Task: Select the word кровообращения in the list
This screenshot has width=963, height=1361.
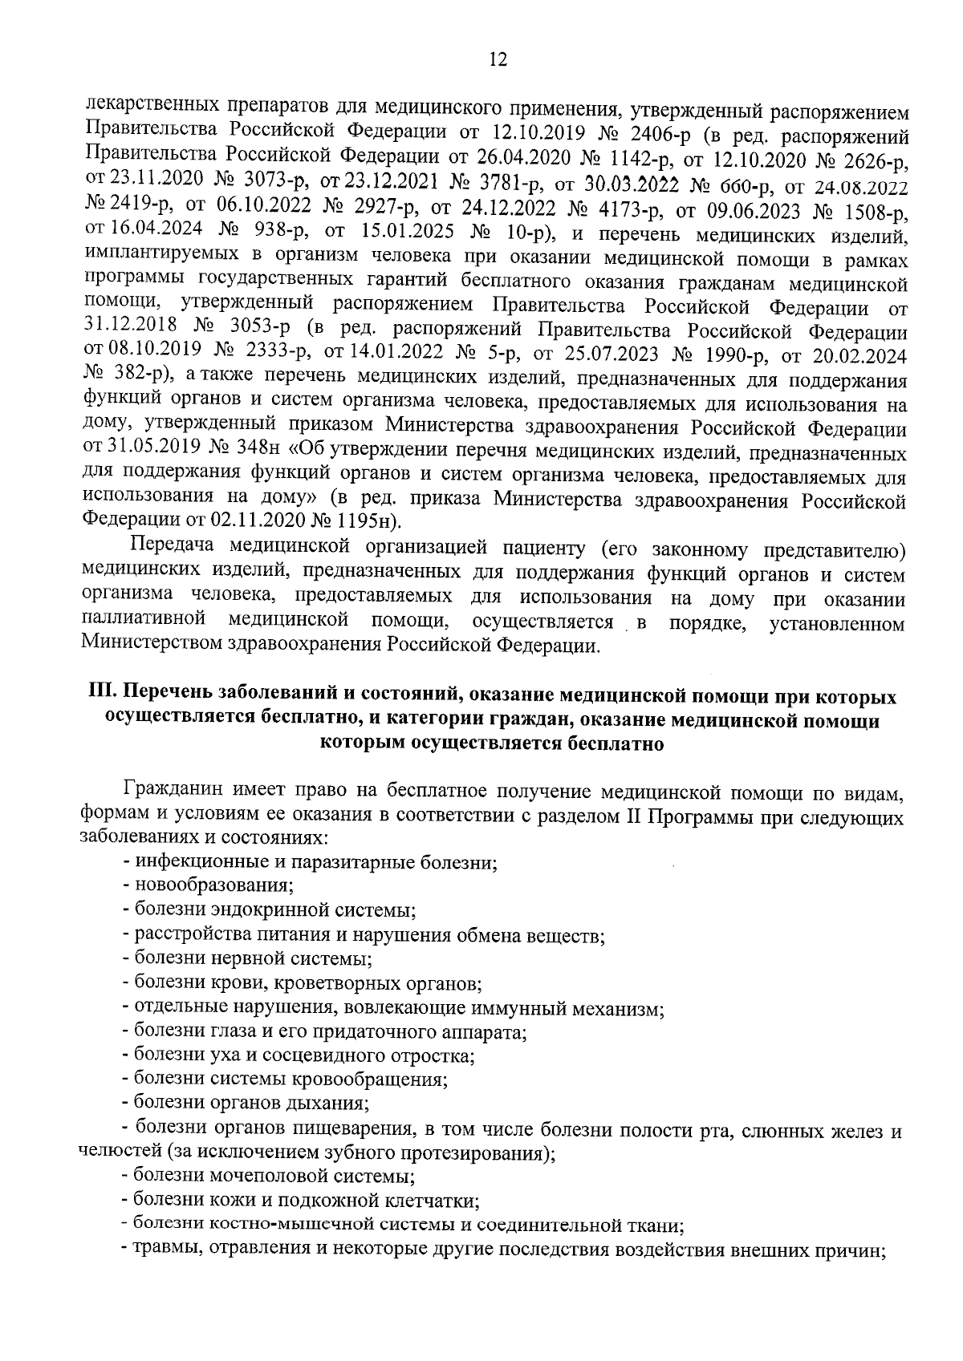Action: (x=374, y=1079)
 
